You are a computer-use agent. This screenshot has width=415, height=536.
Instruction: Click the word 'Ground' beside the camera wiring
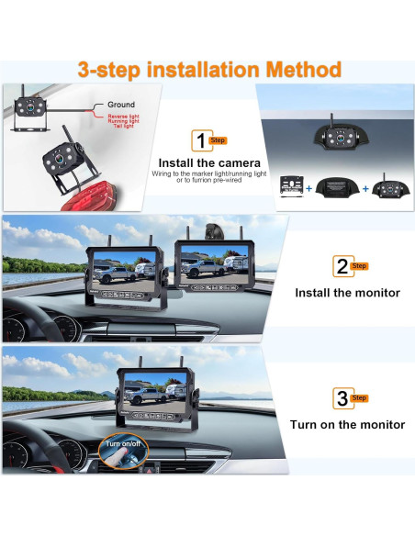(121, 106)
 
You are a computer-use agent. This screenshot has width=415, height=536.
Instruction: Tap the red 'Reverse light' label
(124, 117)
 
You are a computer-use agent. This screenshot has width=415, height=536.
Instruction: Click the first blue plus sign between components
(309, 190)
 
